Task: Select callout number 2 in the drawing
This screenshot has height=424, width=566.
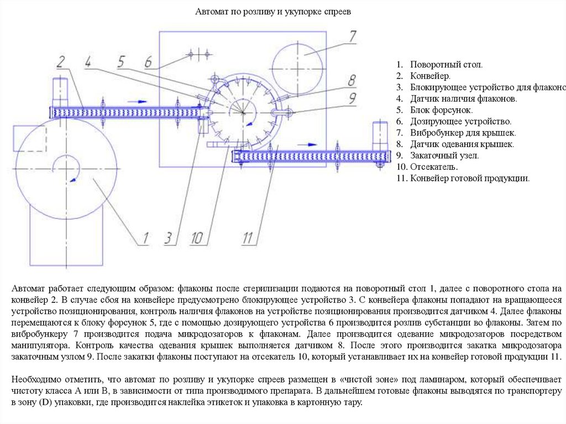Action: [61, 60]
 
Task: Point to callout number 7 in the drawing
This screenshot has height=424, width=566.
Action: [353, 36]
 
